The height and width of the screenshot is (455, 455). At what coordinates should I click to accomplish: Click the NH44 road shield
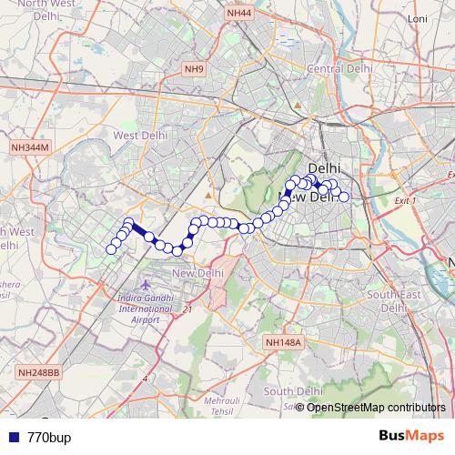(240, 14)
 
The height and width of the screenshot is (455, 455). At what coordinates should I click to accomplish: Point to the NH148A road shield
(282, 341)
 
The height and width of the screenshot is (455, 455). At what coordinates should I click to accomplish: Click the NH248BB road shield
(39, 372)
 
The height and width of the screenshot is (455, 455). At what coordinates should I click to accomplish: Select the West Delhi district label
(136, 135)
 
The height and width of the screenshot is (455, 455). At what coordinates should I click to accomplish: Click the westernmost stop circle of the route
(112, 249)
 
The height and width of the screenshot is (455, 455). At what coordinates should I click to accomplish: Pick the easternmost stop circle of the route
(344, 197)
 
